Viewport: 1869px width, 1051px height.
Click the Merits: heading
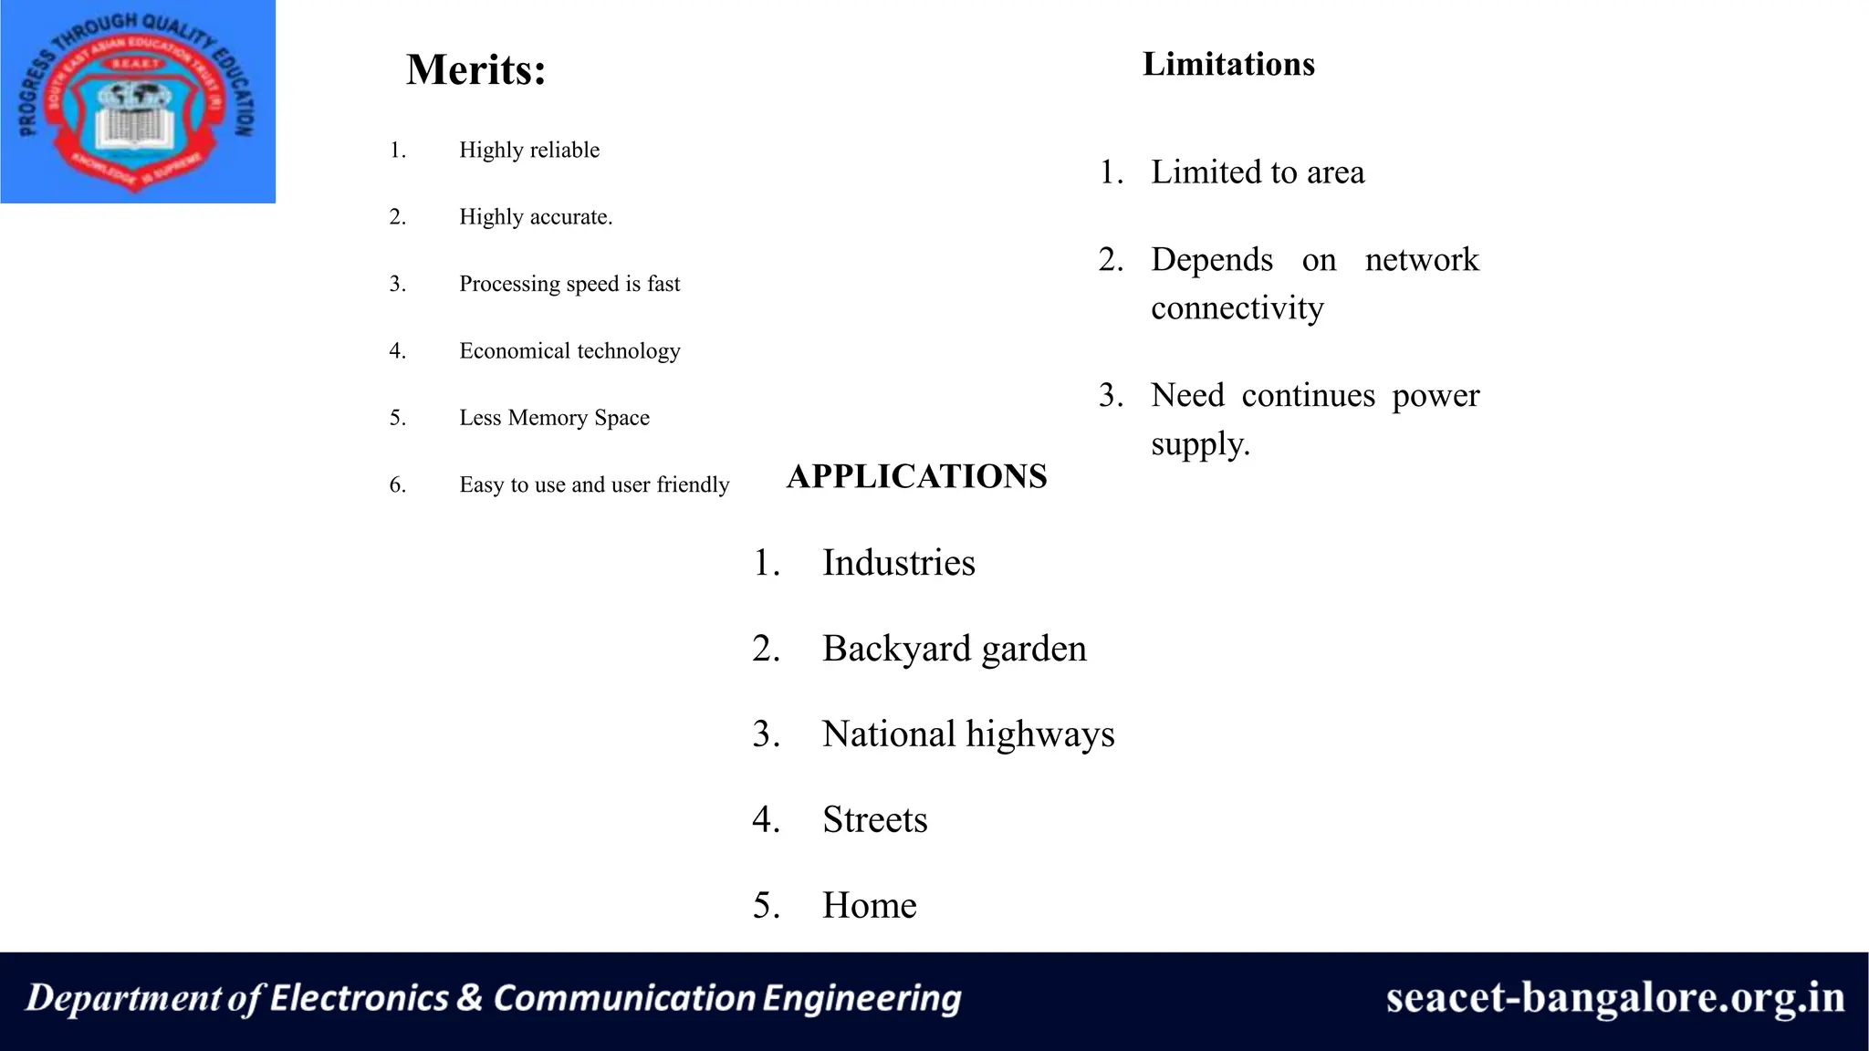tap(475, 70)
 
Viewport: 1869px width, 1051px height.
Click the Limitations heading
tap(1228, 65)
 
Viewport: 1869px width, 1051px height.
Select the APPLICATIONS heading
tap(916, 476)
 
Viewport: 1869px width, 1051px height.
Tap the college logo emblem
tap(137, 102)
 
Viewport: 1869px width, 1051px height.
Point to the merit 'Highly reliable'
tap(529, 151)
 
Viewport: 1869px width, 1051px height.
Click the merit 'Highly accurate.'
tap(536, 217)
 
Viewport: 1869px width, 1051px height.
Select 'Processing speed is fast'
tap(569, 284)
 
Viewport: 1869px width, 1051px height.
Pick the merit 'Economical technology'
tap(569, 351)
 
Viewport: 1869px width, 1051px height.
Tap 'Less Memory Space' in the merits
tap(554, 418)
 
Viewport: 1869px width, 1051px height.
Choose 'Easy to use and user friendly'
tap(594, 484)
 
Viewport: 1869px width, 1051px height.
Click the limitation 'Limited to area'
tap(1258, 172)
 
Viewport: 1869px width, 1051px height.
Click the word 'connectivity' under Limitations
tap(1237, 308)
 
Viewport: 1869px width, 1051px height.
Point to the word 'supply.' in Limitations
tap(1200, 444)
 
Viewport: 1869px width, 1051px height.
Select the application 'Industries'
tap(898, 563)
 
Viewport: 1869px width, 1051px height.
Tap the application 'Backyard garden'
tap(954, 649)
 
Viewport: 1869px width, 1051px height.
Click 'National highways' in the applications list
tap(967, 734)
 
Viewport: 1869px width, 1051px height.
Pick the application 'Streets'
tap(874, 820)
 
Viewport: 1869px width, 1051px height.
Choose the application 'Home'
tap(869, 906)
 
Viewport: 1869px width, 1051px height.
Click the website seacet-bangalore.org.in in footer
tap(1614, 997)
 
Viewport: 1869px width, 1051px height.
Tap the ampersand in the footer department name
tap(469, 997)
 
